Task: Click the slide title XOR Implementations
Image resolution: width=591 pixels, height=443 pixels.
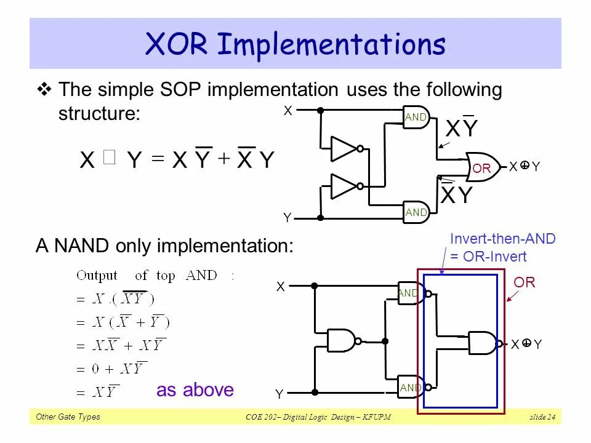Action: (x=295, y=44)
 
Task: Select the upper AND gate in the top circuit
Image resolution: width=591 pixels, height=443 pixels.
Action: (x=416, y=117)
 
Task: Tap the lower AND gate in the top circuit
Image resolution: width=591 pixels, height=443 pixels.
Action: (x=416, y=212)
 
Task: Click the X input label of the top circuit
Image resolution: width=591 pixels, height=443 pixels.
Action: (x=287, y=111)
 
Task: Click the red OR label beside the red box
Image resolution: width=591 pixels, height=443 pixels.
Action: (x=525, y=282)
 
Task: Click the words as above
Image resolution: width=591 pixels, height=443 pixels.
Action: (x=195, y=390)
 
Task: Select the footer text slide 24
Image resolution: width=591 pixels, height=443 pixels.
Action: (x=542, y=418)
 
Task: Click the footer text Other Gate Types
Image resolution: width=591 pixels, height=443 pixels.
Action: (x=68, y=417)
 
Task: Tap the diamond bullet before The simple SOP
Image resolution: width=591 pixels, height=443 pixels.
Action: (x=44, y=90)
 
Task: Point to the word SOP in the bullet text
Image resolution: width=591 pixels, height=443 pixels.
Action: (x=179, y=90)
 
